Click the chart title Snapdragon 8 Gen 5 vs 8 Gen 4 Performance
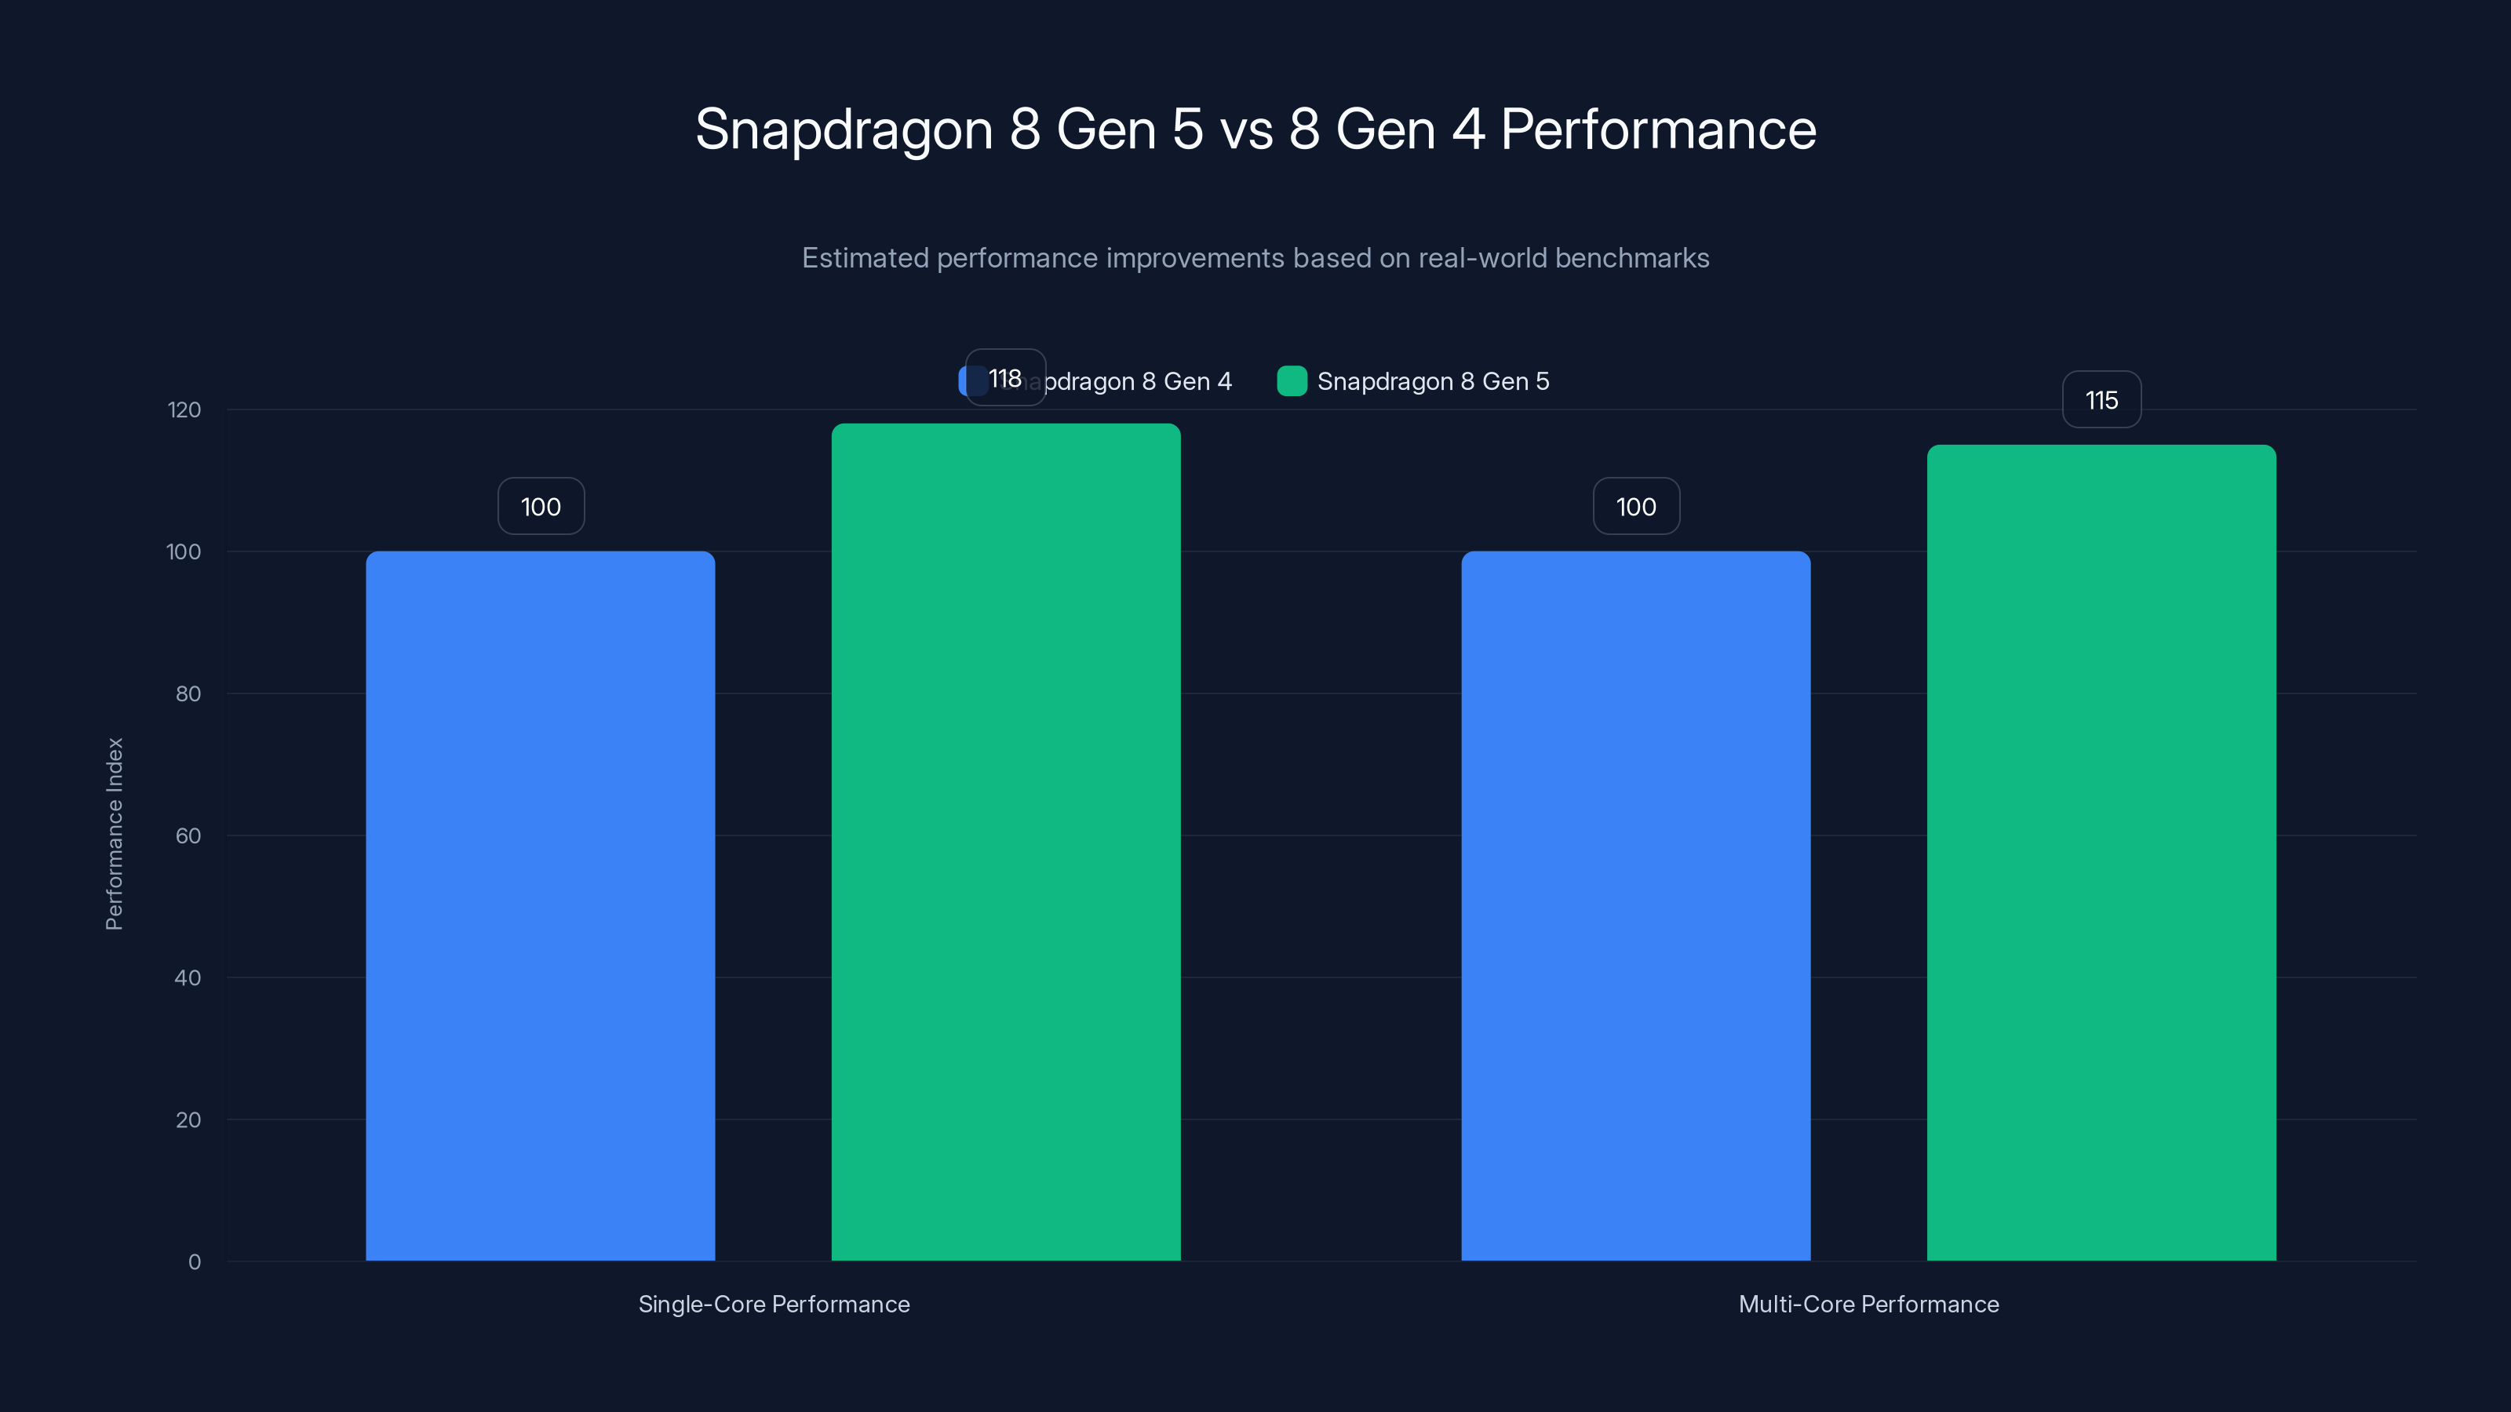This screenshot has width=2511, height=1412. coord(1255,129)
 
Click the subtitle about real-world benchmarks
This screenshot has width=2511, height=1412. coord(1255,258)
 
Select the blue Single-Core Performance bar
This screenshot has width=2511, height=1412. coord(540,906)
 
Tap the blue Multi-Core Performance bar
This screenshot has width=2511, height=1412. coord(1635,906)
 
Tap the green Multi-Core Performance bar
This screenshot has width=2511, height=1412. coord(2101,853)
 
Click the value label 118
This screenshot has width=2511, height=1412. coord(1005,378)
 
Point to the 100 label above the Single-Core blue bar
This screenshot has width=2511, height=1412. coord(541,507)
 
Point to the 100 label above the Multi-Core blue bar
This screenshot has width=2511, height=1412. coord(1635,507)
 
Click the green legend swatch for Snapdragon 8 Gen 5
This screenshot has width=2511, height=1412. coord(1292,381)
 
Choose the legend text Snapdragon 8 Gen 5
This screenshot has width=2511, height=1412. coord(1433,381)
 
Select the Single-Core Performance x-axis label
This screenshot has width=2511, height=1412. coord(774,1304)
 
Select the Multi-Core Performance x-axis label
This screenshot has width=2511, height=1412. coord(1868,1304)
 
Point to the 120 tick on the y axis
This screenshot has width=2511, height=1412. coord(184,410)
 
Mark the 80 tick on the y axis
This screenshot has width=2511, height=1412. coord(188,693)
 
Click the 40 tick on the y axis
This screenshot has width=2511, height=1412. coord(188,977)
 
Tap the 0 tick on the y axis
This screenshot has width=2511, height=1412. coord(194,1262)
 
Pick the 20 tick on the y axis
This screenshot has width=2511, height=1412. coord(188,1119)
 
